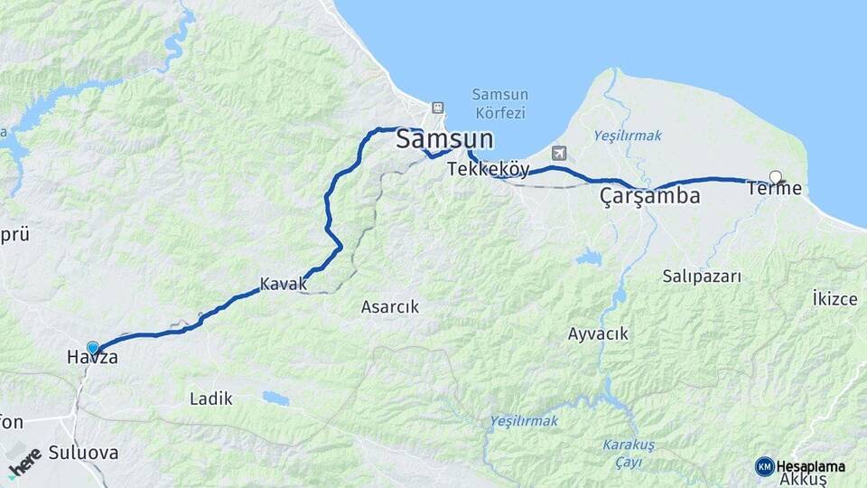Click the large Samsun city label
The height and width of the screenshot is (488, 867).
(445, 140)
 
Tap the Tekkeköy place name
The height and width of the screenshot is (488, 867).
(489, 169)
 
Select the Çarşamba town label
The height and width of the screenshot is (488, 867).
(650, 196)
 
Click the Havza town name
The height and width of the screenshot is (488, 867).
(92, 359)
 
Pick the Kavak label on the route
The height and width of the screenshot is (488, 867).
(284, 284)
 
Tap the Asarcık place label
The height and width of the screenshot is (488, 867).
(390, 307)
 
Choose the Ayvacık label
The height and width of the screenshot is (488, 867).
(598, 334)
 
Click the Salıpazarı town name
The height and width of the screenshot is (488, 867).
(701, 277)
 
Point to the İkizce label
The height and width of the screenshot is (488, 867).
(834, 299)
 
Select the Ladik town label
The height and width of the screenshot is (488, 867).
(211, 399)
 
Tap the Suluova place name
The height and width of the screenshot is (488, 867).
(84, 453)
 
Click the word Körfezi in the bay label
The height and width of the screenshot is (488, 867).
(499, 114)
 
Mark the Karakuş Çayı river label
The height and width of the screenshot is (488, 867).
(623, 454)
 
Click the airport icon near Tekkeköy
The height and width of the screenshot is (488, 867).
(559, 153)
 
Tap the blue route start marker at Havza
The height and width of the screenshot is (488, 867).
(92, 347)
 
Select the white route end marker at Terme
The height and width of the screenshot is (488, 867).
(775, 176)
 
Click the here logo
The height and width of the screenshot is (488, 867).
(25, 461)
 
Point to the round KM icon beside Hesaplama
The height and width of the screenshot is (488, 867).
(764, 466)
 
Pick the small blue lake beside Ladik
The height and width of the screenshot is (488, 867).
(275, 398)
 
